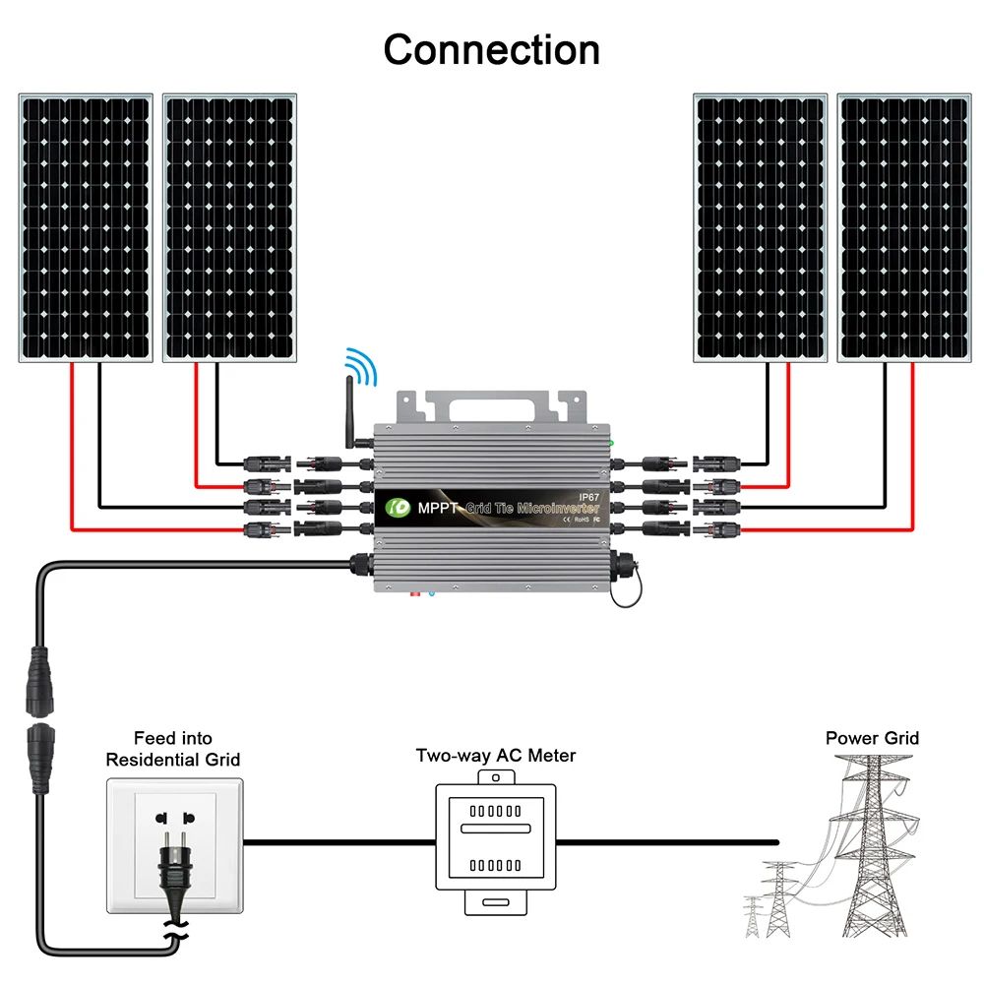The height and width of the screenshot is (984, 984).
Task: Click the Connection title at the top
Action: (491, 49)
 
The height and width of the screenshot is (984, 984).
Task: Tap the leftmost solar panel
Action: (86, 227)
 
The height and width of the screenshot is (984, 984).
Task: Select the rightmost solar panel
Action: (902, 227)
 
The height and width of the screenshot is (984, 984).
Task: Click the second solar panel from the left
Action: (229, 227)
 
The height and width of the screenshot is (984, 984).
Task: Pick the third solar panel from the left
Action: (761, 227)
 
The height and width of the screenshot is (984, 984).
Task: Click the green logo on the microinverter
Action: (398, 509)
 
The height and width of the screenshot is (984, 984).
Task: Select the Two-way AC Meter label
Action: (496, 756)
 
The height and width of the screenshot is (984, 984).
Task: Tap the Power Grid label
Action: (872, 738)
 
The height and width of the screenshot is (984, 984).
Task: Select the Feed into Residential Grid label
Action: (173, 749)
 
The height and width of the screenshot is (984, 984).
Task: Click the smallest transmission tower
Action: (753, 915)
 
